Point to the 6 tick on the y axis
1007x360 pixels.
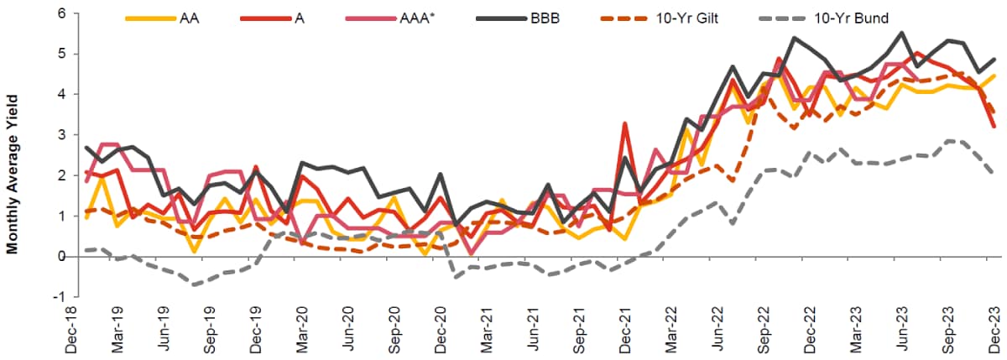coord(61,13)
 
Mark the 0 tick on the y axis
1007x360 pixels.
coord(61,257)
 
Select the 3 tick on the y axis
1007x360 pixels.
coord(61,135)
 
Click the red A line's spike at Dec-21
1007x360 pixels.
coord(624,123)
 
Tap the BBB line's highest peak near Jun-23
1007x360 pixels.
coord(902,33)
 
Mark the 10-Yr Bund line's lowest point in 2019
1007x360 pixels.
coord(196,284)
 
